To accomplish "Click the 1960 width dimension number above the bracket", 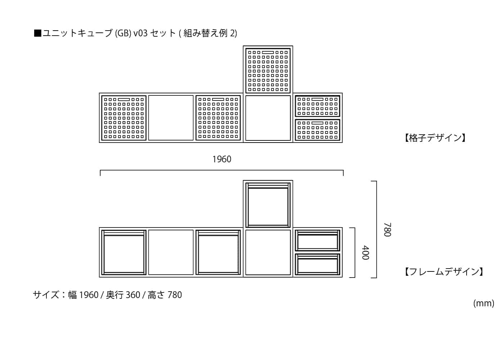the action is (222, 159).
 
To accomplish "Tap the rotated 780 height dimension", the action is (387, 230).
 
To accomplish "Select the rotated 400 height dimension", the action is (365, 253).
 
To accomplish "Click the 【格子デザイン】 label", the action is (435, 138).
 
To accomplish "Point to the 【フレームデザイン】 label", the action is (444, 271).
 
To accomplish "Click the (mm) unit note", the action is (484, 303).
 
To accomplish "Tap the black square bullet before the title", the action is (37, 33).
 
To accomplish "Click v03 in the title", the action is (141, 33).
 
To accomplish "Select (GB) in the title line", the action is (123, 33).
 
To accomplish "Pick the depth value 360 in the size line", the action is (133, 295).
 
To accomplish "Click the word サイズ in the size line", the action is (46, 295).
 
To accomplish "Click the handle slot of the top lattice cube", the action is (268, 53).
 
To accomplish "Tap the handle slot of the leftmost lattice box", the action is (124, 99).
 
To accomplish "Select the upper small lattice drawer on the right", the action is (318, 106).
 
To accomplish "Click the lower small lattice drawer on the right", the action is (318, 130).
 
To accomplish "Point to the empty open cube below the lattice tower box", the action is (268, 118).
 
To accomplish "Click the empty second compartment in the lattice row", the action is (171, 118).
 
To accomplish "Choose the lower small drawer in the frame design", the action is (318, 264).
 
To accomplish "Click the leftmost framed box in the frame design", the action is (124, 252).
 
